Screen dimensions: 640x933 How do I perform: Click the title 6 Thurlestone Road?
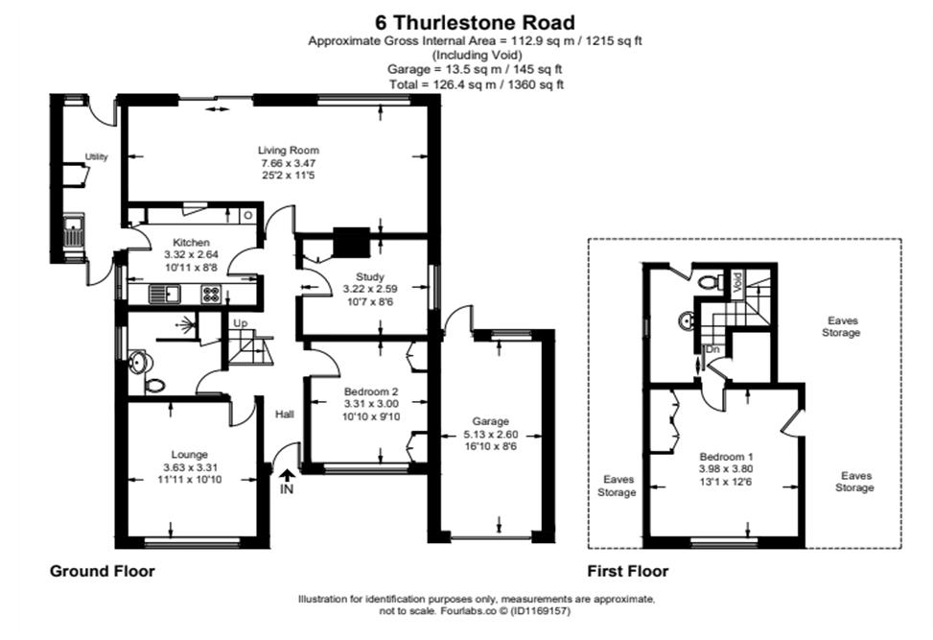tap(476, 20)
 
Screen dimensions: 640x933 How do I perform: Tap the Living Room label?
tap(288, 150)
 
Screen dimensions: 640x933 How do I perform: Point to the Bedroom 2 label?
tap(370, 391)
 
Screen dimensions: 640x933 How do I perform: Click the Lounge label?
tap(189, 454)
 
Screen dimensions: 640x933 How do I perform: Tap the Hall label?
tap(285, 414)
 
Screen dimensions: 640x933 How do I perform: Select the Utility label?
tap(96, 156)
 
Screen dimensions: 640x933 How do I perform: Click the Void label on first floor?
tap(736, 282)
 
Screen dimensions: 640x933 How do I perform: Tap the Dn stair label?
tap(711, 350)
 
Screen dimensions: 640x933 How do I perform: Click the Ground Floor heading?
tap(102, 571)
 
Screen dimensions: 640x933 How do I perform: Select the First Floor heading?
tap(627, 571)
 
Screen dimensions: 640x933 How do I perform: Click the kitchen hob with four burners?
tap(209, 295)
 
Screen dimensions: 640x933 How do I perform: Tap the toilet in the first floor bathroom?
tap(710, 282)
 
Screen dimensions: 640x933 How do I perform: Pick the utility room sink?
tap(74, 230)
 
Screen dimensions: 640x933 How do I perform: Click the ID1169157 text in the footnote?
tap(537, 610)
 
